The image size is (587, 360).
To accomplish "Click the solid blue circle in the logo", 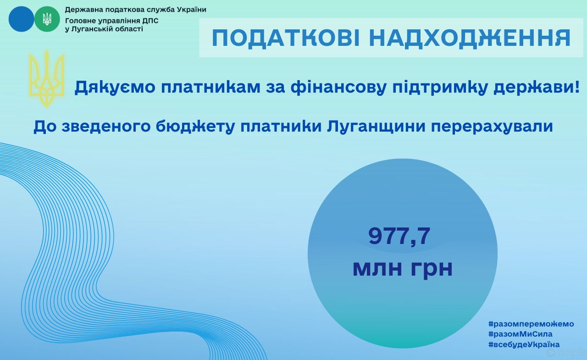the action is tap(21, 19).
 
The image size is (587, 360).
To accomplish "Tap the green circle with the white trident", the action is tap(47, 19).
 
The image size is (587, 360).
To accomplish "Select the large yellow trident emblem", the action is tap(47, 78).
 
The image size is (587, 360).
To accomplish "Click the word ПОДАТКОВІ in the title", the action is tap(286, 38).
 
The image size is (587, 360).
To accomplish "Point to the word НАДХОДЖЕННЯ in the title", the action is tap(470, 38).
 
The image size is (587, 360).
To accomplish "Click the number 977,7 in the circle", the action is tap(399, 236).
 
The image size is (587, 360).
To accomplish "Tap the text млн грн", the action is tap(403, 268).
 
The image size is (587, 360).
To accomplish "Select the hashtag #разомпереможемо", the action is tap(531, 324).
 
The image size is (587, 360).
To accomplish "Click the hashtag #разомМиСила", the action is tap(520, 334).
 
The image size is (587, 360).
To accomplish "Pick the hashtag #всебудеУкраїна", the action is tap(524, 344).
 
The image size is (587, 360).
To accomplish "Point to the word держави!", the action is tap(537, 87).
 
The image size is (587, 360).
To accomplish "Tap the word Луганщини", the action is tap(376, 126).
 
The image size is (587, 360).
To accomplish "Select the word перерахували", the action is tap(492, 126).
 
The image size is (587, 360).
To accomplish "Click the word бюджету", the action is tap(195, 126).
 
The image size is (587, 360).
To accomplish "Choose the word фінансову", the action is tap(338, 87).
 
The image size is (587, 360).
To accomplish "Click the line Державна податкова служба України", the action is tap(135, 10).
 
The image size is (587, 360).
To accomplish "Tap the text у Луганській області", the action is tap(104, 29).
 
